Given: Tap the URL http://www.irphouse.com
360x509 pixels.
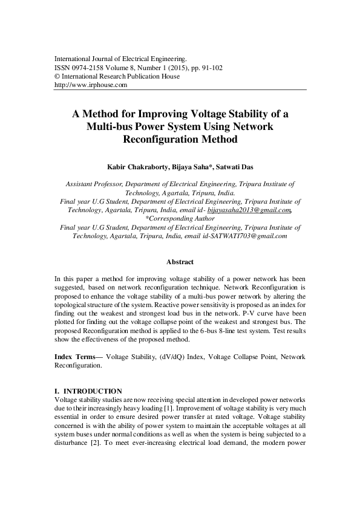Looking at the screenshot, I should [90, 85].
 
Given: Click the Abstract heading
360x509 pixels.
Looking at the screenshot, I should [180, 262].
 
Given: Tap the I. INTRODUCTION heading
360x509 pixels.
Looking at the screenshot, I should [88, 391].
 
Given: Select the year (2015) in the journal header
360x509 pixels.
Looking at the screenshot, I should [171, 68].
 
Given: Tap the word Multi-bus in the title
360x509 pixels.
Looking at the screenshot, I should [111, 127].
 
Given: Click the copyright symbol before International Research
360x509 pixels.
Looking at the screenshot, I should [57, 77].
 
